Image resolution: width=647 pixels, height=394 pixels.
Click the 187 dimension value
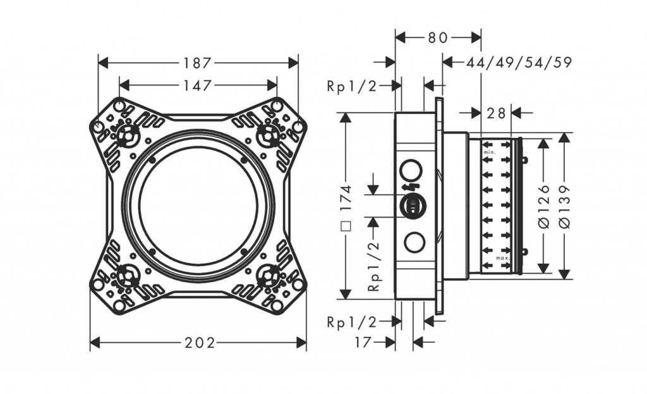[197, 63]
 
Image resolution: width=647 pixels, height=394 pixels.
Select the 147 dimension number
[197, 85]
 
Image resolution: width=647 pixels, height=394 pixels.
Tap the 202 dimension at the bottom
[200, 343]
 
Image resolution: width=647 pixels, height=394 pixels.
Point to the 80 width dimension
[437, 38]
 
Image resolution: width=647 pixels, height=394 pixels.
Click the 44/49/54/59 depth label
[519, 62]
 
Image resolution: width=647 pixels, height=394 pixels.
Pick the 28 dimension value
[497, 113]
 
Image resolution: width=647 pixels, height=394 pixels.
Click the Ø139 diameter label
[564, 206]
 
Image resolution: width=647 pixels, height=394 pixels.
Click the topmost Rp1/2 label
[351, 86]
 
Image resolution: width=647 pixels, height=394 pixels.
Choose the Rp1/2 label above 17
[351, 321]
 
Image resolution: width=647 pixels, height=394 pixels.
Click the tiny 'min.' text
[489, 153]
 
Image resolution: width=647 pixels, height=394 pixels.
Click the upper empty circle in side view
[411, 170]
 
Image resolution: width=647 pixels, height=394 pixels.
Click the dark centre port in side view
[411, 206]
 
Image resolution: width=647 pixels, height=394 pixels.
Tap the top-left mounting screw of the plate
[127, 134]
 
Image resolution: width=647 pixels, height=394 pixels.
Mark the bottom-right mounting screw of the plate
[270, 276]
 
